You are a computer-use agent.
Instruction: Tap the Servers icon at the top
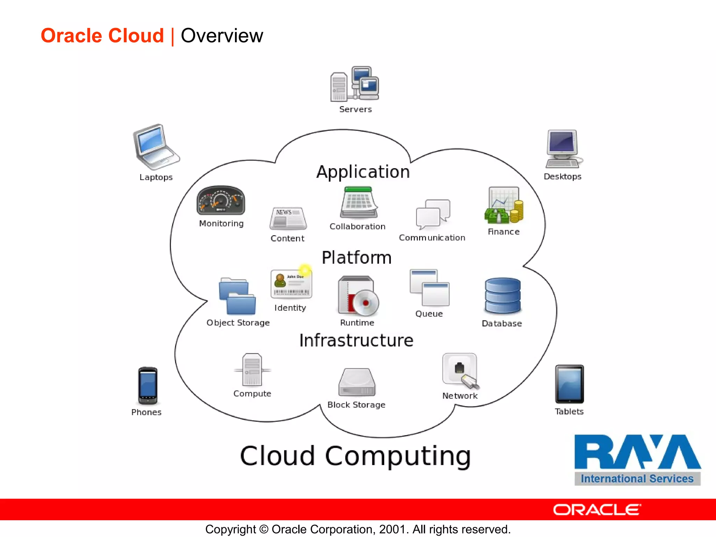coord(355,84)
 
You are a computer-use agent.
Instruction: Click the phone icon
coord(148,386)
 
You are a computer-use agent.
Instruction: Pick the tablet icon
coord(570,384)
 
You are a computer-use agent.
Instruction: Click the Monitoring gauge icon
coord(221,200)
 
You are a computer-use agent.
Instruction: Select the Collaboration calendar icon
coord(358,202)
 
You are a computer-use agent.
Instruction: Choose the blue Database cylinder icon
coord(503,296)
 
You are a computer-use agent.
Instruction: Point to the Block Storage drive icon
coord(357,382)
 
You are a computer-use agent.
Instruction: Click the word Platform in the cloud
coord(357,258)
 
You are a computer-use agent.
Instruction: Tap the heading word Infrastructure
coord(356,341)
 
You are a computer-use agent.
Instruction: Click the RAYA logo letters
coord(637,452)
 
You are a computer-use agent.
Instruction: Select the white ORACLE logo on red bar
coord(597,510)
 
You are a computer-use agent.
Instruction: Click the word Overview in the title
coord(222,36)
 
